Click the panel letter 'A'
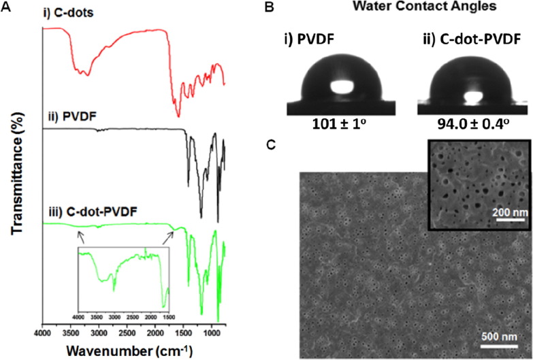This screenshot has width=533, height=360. [6, 7]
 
